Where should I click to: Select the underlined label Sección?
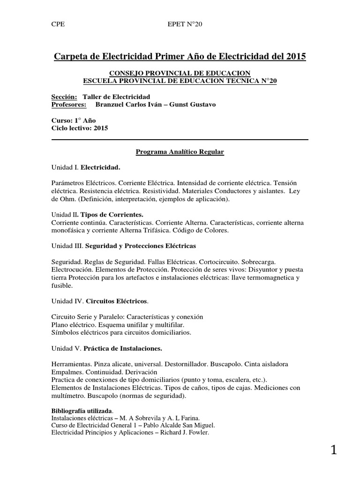[x=64, y=97]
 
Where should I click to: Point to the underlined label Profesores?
[x=69, y=104]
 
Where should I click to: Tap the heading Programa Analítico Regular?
[x=180, y=152]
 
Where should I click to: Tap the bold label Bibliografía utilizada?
[x=82, y=411]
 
